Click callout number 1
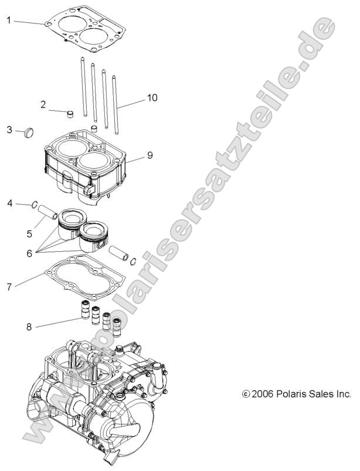pos(9,20)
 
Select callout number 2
pos(43,105)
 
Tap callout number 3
pos(9,129)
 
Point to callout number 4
pos(9,203)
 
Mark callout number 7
pos(9,287)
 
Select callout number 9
pos(150,155)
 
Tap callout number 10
pos(152,98)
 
